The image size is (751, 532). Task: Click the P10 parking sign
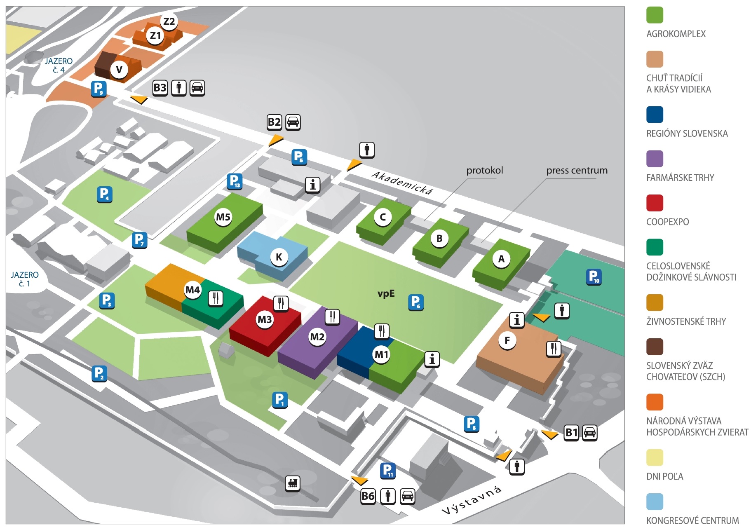click(x=594, y=277)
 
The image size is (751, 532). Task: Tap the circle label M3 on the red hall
click(x=265, y=319)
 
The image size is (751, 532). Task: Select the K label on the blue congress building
click(x=279, y=257)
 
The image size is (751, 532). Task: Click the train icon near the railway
click(x=293, y=483)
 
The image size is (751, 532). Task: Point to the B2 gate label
click(x=274, y=122)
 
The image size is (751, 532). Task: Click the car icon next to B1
click(x=589, y=433)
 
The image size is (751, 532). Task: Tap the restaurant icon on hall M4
click(x=216, y=298)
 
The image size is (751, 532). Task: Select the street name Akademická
click(x=402, y=183)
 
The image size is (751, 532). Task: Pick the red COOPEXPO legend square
click(x=655, y=203)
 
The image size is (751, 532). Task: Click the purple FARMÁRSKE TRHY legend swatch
click(x=655, y=159)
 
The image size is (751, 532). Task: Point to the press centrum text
click(x=577, y=170)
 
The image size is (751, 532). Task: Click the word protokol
click(x=484, y=170)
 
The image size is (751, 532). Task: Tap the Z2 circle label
click(x=169, y=21)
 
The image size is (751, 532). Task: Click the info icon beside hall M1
click(x=432, y=359)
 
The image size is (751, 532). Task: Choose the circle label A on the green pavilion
click(x=501, y=259)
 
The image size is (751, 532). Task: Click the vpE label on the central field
click(x=386, y=293)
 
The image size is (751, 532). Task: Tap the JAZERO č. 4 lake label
click(x=59, y=65)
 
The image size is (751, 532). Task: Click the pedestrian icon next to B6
click(x=387, y=496)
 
